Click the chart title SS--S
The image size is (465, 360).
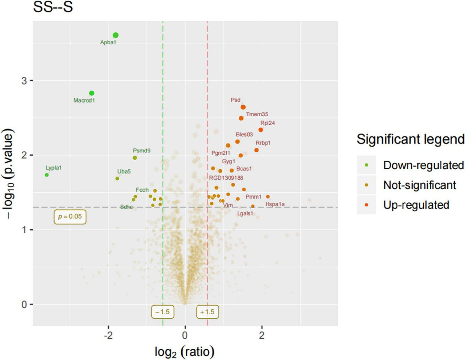(53, 7)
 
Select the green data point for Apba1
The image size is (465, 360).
(116, 35)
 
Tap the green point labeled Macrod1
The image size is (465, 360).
(92, 93)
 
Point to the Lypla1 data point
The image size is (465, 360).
(47, 175)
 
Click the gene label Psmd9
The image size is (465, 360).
(142, 151)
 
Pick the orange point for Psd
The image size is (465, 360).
(243, 107)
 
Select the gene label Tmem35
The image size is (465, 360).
(257, 114)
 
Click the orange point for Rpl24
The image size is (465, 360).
(261, 130)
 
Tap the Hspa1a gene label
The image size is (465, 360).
(275, 204)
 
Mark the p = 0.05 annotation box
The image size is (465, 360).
(70, 217)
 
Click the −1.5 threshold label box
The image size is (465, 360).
(163, 312)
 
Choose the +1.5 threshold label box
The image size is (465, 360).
(207, 312)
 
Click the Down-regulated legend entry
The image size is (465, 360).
(423, 165)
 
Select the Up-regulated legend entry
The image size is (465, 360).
(416, 205)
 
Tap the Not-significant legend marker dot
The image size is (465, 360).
(366, 185)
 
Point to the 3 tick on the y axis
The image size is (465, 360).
(24, 81)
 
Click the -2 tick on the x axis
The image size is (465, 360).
(108, 335)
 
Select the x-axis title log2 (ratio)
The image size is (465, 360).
(185, 352)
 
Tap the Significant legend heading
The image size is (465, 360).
(410, 139)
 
